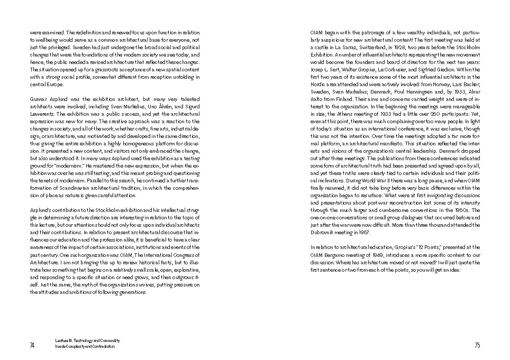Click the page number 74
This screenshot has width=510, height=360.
pyautogui.click(x=32, y=345)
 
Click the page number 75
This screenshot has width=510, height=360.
pyautogui.click(x=477, y=345)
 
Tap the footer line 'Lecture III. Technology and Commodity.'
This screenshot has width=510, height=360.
pyautogui.click(x=88, y=341)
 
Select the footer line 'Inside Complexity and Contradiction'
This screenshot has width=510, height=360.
pyautogui.click(x=85, y=347)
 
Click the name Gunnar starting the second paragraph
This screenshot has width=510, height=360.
pyautogui.click(x=39, y=99)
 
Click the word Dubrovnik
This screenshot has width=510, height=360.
pyautogui.click(x=324, y=232)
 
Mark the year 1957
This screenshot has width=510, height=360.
pyautogui.click(x=362, y=232)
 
